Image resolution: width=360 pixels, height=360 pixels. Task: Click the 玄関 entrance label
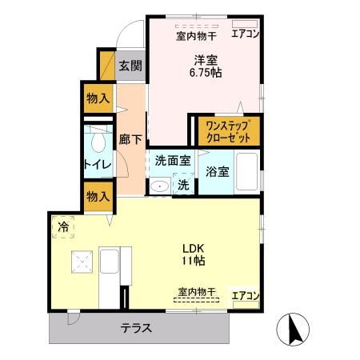pos(131,66)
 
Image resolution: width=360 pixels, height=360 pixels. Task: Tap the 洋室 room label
pos(206,58)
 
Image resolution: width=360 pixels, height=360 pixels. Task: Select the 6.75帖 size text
pos(206,72)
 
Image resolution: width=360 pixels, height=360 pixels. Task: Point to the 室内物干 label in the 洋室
pos(195,35)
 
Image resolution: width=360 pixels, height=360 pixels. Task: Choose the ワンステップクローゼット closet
pos(228,131)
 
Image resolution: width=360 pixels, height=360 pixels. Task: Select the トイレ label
pos(98,166)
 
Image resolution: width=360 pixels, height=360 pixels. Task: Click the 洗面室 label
pos(173,159)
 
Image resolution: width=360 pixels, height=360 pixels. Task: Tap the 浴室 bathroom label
pos(217,170)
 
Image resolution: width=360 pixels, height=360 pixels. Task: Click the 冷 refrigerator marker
pos(63,226)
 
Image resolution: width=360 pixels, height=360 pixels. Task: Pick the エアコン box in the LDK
pos(246,295)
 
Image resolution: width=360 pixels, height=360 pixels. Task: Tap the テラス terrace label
pos(137,326)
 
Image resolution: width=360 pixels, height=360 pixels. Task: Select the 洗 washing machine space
pos(182,184)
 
